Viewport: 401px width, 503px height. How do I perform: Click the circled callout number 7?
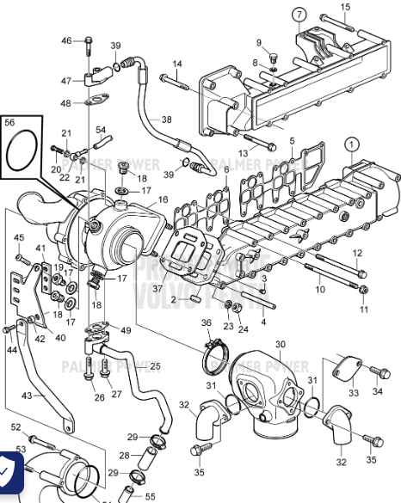click(x=299, y=15)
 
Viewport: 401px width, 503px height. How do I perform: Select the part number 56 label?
click(x=10, y=123)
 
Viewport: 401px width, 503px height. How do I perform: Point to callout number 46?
click(x=67, y=40)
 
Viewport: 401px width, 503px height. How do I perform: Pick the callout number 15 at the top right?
click(x=345, y=8)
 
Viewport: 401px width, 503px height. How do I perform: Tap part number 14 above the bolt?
click(x=177, y=64)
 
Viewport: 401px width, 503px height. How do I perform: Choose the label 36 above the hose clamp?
click(x=207, y=323)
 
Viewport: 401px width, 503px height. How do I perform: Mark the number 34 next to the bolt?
click(x=377, y=391)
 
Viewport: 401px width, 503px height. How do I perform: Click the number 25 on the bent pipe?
click(x=155, y=366)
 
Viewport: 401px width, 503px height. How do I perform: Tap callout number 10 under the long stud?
click(x=320, y=290)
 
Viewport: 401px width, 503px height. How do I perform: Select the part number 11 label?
click(x=363, y=310)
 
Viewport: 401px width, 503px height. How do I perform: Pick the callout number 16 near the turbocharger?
click(x=163, y=199)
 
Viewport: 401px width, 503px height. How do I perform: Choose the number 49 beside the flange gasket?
click(x=126, y=330)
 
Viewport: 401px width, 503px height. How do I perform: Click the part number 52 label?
click(x=15, y=427)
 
